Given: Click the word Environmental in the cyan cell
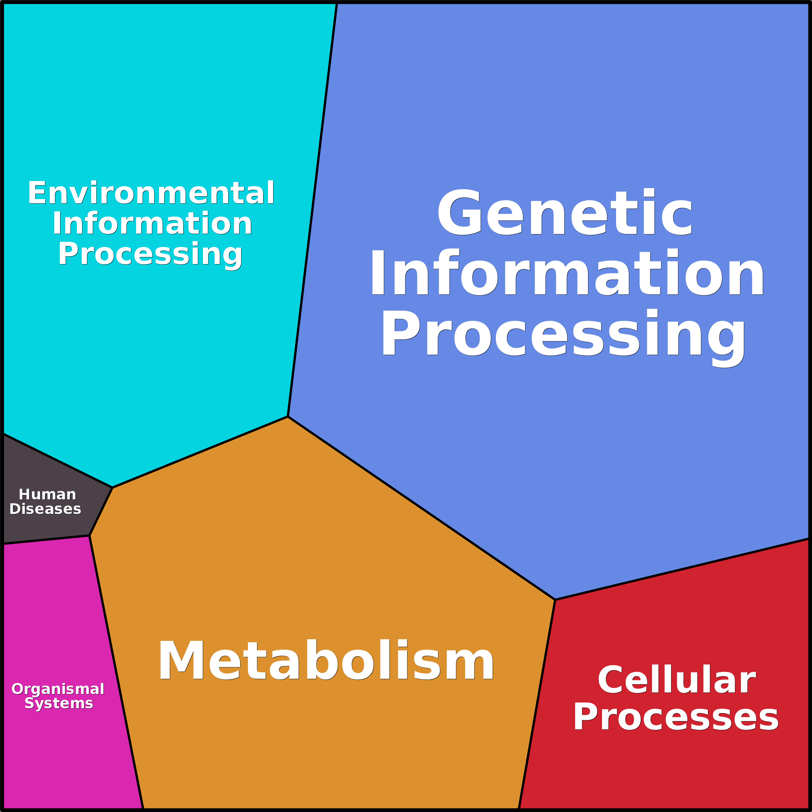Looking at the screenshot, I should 151,193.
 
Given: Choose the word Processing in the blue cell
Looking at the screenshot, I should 563,335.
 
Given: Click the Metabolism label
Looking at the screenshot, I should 326,661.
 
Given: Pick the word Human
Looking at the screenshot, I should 48,494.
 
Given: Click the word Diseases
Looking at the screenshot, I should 45,509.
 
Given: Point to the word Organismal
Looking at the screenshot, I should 58,689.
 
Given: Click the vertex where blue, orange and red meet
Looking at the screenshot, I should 555,600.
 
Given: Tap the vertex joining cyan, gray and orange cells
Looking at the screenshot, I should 112,487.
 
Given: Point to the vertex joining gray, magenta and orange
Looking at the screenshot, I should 90,535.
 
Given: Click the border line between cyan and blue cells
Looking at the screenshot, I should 312,210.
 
